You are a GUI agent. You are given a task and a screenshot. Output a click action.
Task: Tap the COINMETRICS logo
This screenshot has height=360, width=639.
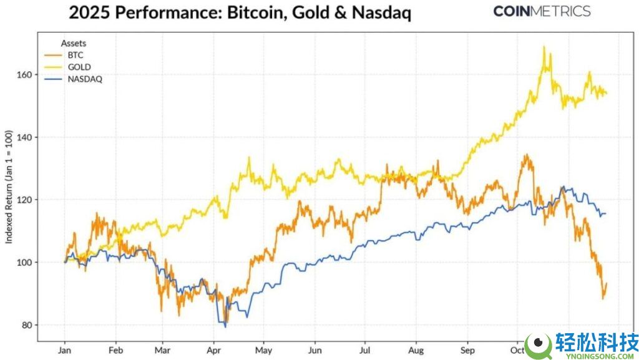tap(542, 11)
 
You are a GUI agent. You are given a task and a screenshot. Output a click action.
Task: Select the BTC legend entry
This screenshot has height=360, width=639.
tap(75, 55)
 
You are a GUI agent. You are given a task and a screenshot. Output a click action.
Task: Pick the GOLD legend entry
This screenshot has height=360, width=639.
tap(77, 67)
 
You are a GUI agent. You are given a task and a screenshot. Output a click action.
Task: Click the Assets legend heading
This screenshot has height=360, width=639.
tap(74, 43)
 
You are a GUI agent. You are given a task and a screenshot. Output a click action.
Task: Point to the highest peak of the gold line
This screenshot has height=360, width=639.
tap(544, 46)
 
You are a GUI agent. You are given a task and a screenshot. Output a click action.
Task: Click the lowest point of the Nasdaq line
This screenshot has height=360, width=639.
tap(225, 326)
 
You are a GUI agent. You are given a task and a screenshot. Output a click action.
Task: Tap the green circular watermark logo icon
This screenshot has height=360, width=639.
tap(538, 345)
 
